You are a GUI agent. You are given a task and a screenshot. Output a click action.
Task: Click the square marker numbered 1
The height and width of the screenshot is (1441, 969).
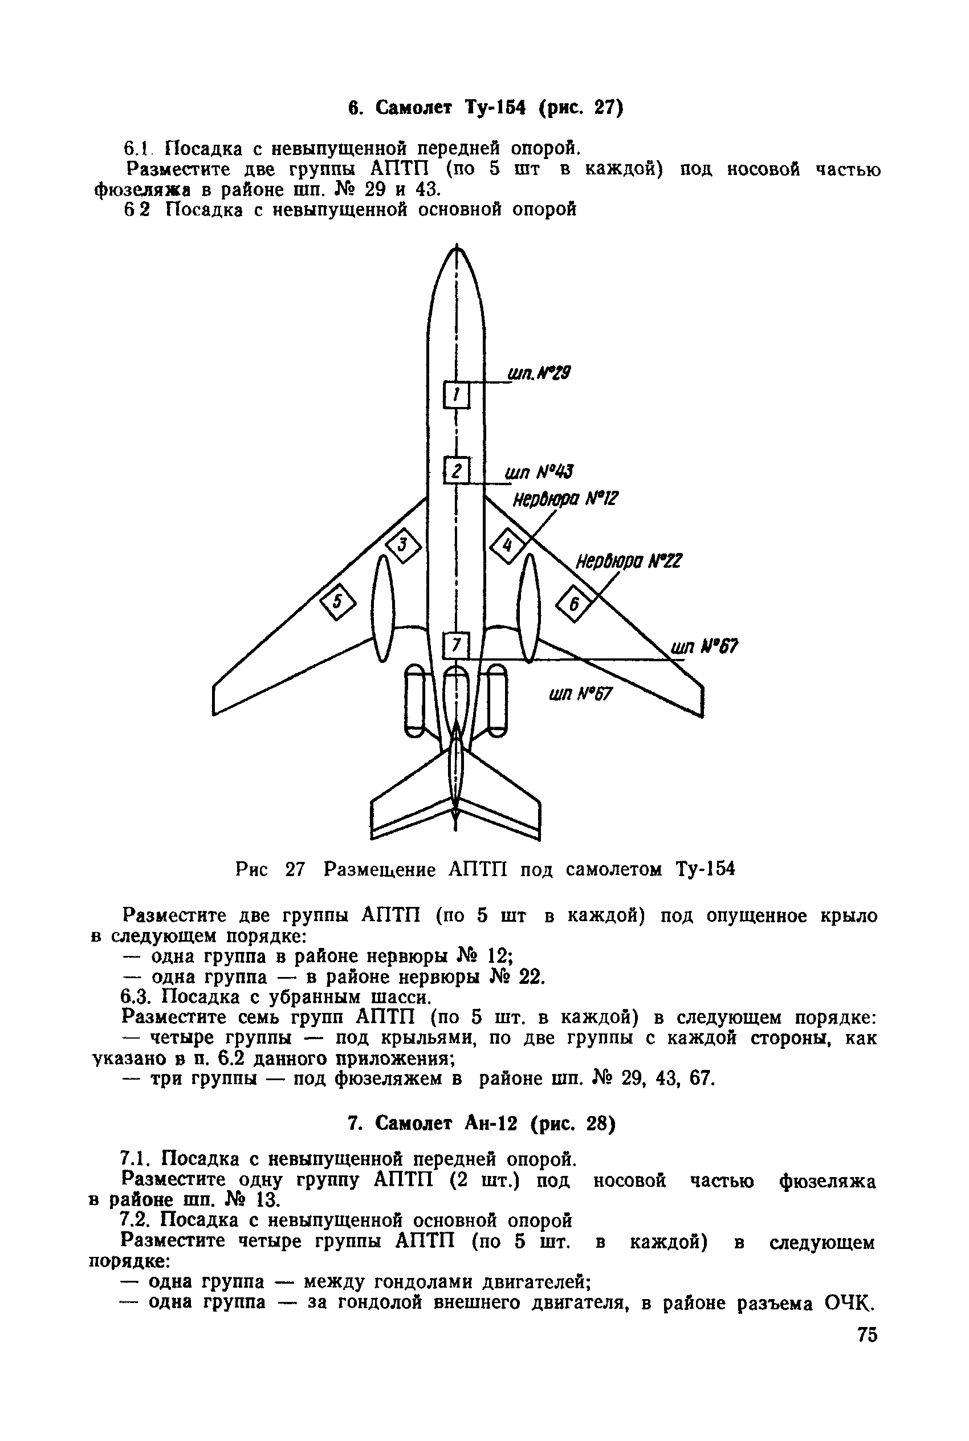pos(457,395)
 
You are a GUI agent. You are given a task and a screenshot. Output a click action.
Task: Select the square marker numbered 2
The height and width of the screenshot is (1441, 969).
pos(457,471)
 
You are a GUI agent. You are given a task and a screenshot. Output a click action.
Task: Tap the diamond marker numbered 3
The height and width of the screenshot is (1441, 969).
pos(403,546)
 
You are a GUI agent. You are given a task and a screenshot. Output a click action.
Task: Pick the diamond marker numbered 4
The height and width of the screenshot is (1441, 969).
pos(507,546)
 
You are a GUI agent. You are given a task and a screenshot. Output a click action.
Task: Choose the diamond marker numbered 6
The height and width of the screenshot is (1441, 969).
pos(574,603)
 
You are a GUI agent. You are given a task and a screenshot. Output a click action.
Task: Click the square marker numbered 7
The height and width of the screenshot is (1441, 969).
pos(457,646)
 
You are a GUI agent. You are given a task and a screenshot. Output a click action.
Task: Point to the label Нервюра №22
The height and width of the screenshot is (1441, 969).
pos(629,561)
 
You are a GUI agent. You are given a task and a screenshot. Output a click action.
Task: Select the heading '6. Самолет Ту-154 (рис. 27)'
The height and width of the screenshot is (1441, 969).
pos(485,109)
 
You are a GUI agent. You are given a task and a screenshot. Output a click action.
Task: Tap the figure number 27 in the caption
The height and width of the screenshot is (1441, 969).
pos(295,869)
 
